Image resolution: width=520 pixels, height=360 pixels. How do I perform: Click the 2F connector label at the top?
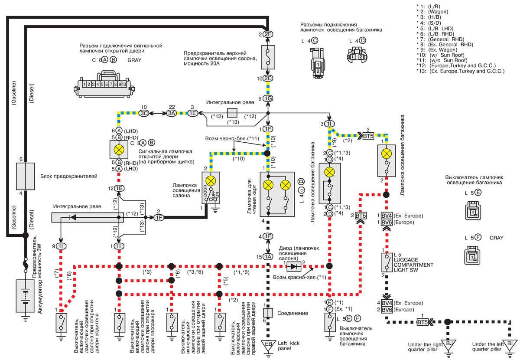click(268, 34)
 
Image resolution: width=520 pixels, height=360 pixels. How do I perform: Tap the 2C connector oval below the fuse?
click(268, 78)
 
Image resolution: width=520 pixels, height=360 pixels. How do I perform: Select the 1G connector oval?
click(268, 98)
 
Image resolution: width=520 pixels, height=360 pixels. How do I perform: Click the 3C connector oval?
click(144, 112)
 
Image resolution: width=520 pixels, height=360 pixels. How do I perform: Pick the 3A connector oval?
click(172, 112)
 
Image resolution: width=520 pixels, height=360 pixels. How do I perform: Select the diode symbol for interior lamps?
click(295, 266)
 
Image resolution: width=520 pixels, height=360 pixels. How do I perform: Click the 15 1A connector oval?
click(268, 257)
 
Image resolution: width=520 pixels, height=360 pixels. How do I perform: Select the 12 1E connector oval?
click(119, 188)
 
